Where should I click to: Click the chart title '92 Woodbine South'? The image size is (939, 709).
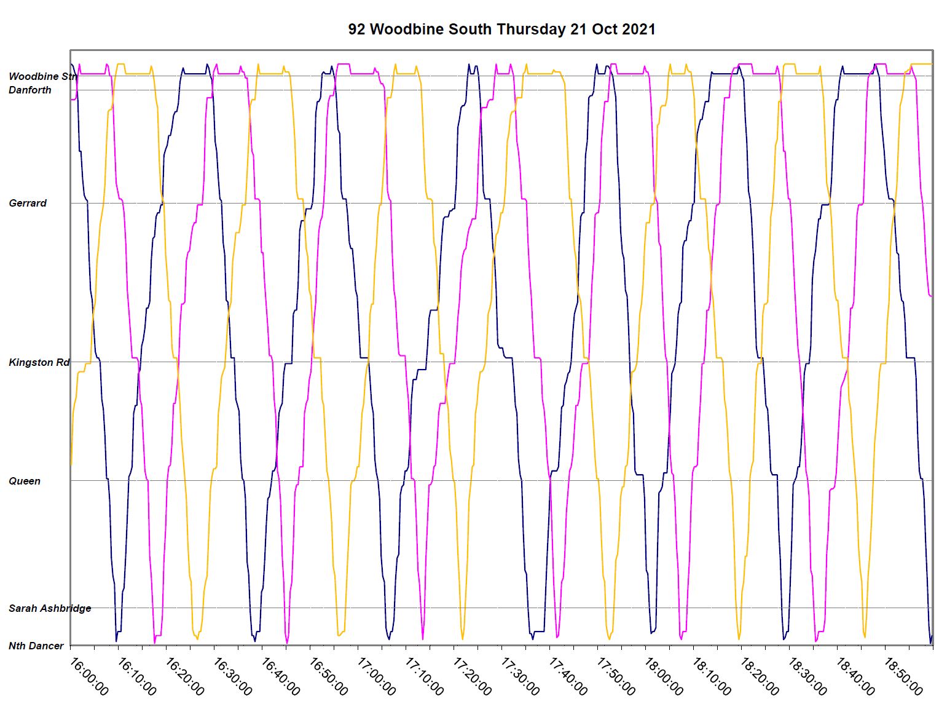click(420, 30)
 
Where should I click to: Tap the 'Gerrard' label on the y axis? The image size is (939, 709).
click(28, 203)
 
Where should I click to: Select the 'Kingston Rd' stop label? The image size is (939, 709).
click(39, 362)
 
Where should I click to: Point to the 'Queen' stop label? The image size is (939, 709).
click(25, 481)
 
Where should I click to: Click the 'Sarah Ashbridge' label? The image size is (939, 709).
click(50, 608)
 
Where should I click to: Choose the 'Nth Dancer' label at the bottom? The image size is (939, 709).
click(36, 646)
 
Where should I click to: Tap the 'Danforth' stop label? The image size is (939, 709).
click(30, 90)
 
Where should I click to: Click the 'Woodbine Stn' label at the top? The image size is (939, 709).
click(42, 76)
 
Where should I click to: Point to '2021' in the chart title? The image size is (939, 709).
click(638, 30)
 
